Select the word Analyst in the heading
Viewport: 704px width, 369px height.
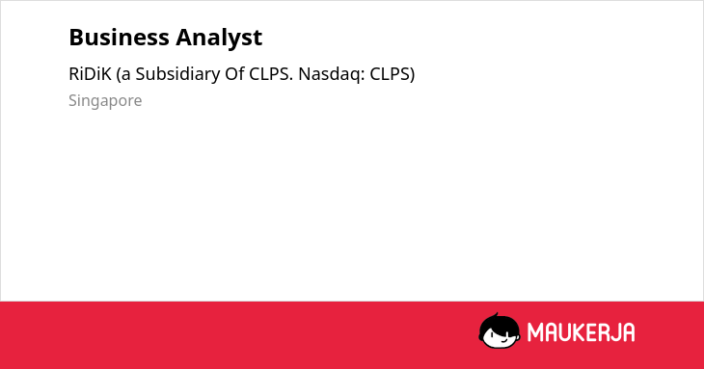tap(219, 39)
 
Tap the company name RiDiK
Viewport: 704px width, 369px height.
tap(90, 74)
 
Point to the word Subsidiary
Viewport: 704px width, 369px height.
tap(177, 75)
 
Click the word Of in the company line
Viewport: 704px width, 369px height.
tap(234, 74)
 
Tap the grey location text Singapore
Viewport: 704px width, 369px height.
tap(105, 101)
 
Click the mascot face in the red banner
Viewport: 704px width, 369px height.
tap(500, 330)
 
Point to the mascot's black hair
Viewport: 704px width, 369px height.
tap(499, 324)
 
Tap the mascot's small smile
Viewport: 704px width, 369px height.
tap(503, 341)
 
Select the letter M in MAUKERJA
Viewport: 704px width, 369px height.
tap(535, 332)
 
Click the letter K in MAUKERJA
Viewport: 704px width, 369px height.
tap(578, 332)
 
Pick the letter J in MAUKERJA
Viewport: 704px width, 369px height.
tap(615, 332)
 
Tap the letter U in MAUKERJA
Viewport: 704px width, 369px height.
tap(564, 332)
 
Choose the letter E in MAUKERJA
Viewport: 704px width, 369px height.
tap(590, 332)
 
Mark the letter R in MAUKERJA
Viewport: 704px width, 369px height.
tap(603, 332)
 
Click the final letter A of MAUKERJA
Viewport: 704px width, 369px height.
tap(628, 332)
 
